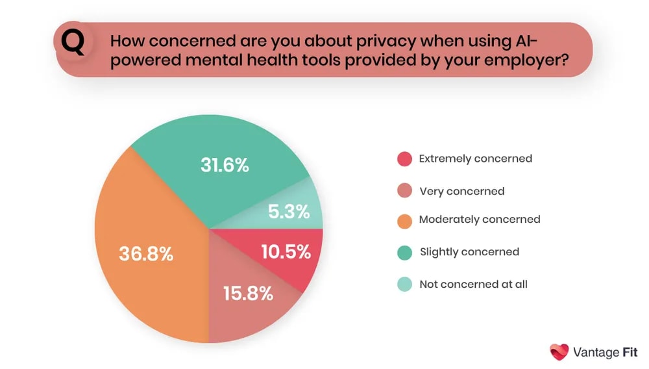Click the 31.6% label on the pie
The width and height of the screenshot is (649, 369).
(x=224, y=165)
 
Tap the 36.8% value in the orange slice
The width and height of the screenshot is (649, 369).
(x=146, y=254)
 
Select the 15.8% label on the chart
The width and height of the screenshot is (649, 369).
(x=248, y=293)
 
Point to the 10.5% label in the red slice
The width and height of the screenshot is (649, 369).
(x=286, y=251)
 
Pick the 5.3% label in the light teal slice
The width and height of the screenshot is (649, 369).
(x=288, y=212)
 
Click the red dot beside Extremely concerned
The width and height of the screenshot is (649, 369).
(x=404, y=159)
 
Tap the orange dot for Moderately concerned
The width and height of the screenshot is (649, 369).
(x=404, y=220)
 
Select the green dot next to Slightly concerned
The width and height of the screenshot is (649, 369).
(x=404, y=252)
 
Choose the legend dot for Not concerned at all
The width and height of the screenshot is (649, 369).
(x=404, y=284)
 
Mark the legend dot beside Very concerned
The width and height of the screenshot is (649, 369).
(x=404, y=191)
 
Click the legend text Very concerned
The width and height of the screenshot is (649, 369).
(x=461, y=191)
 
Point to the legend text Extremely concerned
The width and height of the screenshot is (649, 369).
(x=475, y=159)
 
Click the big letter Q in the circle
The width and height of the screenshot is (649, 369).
(x=73, y=44)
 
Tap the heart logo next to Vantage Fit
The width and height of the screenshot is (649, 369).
(x=559, y=352)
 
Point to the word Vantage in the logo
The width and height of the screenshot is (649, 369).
(x=596, y=353)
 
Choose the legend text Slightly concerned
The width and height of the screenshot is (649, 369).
(x=469, y=251)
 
